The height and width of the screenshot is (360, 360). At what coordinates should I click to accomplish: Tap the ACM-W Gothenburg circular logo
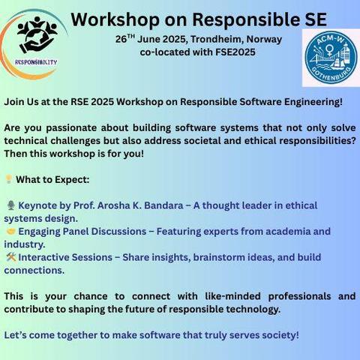[x=331, y=58]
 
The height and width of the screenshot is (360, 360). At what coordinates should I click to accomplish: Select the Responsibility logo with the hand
[x=34, y=43]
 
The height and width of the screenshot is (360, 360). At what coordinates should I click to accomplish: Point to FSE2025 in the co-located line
[x=235, y=52]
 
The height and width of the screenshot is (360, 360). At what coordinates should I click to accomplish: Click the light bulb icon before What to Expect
[x=9, y=179]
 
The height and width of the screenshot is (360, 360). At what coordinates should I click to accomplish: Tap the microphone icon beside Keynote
[x=10, y=205]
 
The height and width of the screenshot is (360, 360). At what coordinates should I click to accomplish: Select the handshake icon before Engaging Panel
[x=11, y=231]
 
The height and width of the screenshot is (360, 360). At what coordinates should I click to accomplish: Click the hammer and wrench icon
[x=11, y=257]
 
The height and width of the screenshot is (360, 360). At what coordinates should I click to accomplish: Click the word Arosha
[x=114, y=205]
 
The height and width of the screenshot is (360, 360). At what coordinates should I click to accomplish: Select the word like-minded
[x=232, y=296]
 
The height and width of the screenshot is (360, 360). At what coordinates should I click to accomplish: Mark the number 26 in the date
[x=121, y=40]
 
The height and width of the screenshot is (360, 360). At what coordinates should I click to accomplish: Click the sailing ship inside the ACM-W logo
[x=337, y=62]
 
